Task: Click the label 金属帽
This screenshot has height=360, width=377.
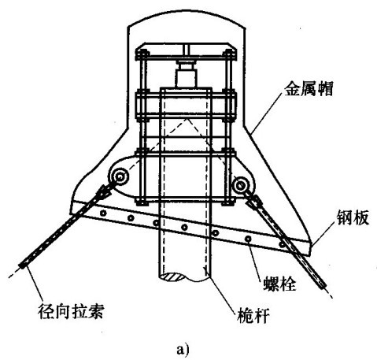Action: click(309, 88)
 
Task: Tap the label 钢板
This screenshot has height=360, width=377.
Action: click(353, 217)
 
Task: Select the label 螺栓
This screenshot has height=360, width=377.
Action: click(279, 284)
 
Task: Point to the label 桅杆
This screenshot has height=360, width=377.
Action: click(253, 315)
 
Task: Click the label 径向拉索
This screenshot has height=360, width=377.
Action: click(71, 311)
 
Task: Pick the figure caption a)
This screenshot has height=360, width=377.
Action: click(183, 350)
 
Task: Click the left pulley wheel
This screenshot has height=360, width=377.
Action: click(120, 177)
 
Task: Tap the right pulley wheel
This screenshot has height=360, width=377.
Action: click(240, 185)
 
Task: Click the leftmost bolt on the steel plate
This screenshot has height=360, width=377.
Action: click(103, 213)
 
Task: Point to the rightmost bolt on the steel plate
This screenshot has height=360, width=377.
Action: click(282, 245)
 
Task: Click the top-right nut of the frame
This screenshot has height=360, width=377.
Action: click(228, 55)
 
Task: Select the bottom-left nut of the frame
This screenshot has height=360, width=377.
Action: click(142, 202)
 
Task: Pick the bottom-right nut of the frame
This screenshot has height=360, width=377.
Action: click(228, 202)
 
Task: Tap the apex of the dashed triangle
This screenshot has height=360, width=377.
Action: click(187, 119)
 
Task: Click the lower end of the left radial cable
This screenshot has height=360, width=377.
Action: click(21, 265)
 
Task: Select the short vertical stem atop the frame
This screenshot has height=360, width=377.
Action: click(186, 50)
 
